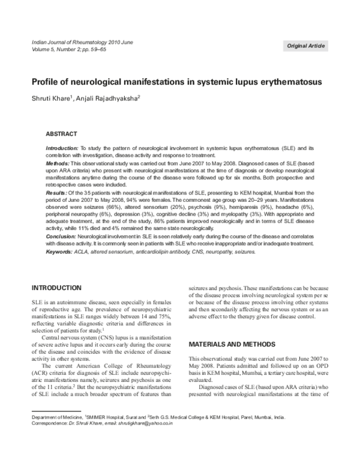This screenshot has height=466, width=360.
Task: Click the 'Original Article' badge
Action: pos(305,46)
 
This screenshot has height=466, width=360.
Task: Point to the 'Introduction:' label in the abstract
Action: pos(62,148)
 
